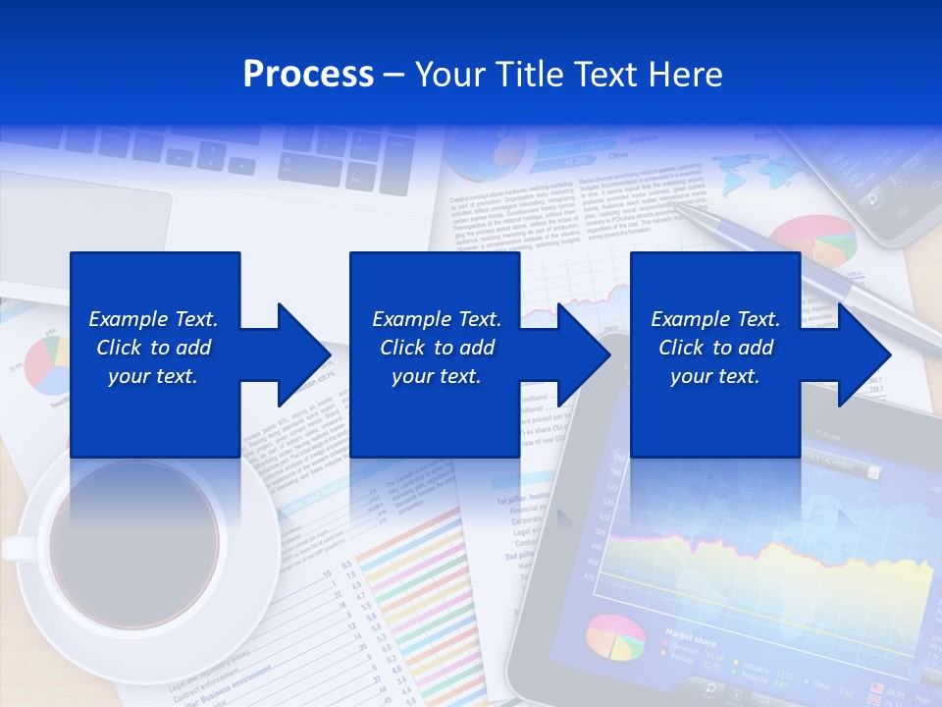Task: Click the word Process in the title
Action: [x=308, y=75]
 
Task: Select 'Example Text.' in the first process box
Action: [x=153, y=319]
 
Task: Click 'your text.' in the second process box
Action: [x=436, y=376]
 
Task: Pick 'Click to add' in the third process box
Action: [x=715, y=348]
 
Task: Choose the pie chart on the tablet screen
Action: [x=615, y=637]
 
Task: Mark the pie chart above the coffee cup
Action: [x=46, y=364]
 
